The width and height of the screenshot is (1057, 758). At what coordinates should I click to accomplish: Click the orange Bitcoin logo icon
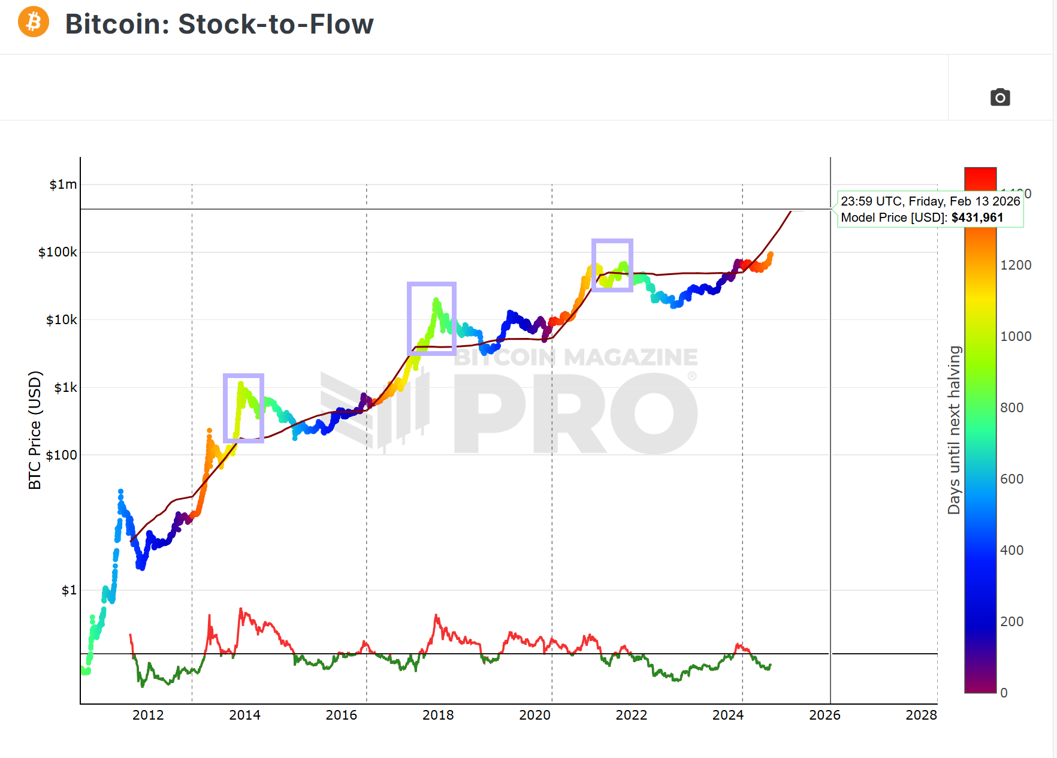click(x=34, y=22)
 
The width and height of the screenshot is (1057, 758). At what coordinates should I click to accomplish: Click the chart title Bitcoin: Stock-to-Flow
click(x=219, y=25)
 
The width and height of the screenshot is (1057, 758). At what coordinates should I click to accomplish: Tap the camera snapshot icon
click(x=999, y=97)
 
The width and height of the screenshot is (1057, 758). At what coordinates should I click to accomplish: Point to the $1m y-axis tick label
click(x=63, y=185)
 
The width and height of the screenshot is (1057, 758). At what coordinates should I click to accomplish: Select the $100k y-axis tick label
click(x=58, y=252)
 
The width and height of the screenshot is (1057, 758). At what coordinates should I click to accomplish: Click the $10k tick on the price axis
click(x=61, y=320)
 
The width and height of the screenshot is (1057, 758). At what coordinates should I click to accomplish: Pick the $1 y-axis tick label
click(x=69, y=590)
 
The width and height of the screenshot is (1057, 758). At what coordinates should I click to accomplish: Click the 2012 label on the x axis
click(x=148, y=715)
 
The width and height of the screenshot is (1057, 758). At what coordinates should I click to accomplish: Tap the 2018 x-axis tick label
click(x=438, y=715)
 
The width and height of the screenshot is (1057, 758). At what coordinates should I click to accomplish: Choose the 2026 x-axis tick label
click(x=825, y=715)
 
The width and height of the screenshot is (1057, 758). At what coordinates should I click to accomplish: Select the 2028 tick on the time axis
click(x=921, y=715)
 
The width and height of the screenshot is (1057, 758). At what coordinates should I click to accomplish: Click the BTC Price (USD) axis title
click(x=35, y=430)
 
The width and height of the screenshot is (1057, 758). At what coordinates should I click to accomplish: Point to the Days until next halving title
click(x=954, y=430)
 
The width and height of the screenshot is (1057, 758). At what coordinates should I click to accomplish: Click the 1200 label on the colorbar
click(x=1016, y=265)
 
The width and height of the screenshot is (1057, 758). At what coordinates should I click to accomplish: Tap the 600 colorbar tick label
click(x=1012, y=479)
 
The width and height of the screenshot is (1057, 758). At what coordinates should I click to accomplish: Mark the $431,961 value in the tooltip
click(x=977, y=218)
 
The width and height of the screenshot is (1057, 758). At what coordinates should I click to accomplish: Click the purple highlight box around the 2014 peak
click(x=244, y=409)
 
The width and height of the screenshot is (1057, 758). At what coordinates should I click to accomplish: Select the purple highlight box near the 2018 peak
click(x=431, y=319)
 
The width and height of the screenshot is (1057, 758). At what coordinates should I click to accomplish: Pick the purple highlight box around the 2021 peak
click(x=612, y=265)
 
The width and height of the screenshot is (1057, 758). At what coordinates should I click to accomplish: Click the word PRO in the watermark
click(x=575, y=413)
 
